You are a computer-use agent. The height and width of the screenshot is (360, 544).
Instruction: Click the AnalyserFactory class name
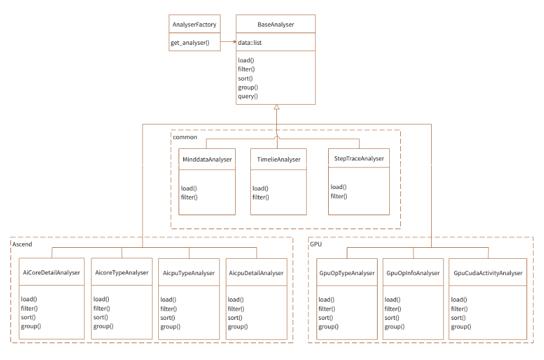point(195,24)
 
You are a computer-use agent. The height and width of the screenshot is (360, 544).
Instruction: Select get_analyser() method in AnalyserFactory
point(190,43)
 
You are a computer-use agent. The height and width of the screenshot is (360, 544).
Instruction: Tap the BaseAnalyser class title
point(276,24)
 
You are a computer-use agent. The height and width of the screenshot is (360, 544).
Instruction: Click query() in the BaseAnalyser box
point(248,96)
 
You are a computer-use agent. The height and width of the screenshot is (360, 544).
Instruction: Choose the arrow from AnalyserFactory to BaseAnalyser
point(228,43)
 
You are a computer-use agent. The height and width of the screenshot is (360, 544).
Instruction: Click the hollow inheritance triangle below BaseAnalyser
point(277,108)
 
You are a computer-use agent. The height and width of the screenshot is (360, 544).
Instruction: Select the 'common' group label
point(186,137)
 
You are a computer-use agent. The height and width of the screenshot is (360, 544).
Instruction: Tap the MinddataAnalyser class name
point(207,159)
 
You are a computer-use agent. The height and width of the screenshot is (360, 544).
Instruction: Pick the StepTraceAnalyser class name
point(359,158)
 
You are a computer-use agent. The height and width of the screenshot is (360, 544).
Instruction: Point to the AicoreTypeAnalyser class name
point(122,272)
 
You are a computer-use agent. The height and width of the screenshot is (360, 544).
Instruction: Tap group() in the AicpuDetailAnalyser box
point(237,327)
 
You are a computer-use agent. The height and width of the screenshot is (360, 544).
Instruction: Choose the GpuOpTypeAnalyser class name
point(347,272)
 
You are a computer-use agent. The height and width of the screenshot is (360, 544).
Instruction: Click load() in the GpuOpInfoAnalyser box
point(392,300)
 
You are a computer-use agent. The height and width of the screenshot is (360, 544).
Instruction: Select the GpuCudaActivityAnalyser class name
point(488,272)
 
